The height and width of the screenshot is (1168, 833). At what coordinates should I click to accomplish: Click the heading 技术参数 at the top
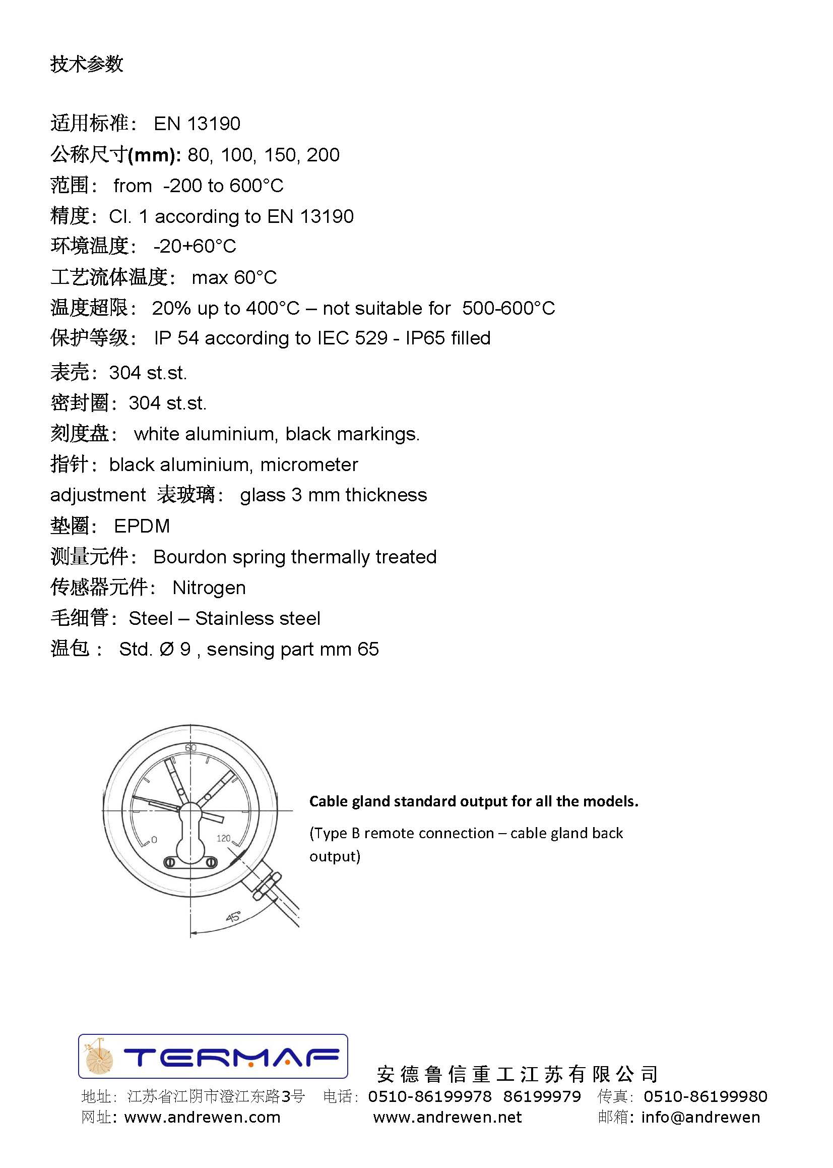(87, 64)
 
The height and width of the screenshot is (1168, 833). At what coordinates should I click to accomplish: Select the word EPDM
(142, 526)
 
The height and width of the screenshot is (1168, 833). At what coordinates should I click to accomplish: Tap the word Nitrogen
(209, 588)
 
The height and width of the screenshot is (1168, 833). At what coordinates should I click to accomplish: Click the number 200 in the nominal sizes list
(323, 155)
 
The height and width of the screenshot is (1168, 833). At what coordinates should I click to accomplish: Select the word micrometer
(309, 465)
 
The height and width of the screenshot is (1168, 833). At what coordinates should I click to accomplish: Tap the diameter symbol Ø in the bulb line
(167, 649)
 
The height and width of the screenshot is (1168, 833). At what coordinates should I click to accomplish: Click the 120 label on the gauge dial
(224, 838)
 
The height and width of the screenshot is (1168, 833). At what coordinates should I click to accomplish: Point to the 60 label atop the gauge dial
(191, 748)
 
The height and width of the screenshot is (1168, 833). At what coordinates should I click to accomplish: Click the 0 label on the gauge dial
(154, 840)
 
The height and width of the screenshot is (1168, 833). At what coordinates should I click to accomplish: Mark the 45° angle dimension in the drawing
(233, 916)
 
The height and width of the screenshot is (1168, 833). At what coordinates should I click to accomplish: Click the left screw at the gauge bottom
(170, 863)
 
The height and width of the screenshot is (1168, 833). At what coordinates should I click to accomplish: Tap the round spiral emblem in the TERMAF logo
(99, 1057)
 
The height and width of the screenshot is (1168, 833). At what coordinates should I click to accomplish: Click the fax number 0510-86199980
(706, 1097)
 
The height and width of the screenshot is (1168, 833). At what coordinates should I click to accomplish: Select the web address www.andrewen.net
(447, 1117)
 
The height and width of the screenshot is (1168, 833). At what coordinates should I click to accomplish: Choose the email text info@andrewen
(700, 1117)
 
